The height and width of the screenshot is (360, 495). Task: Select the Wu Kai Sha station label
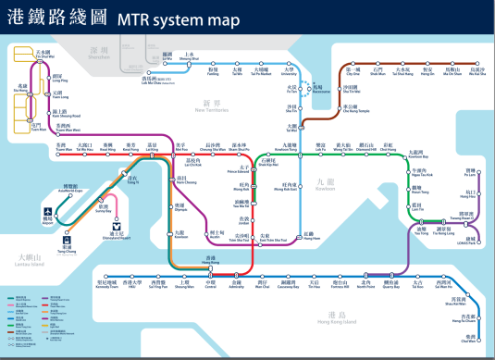476,70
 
